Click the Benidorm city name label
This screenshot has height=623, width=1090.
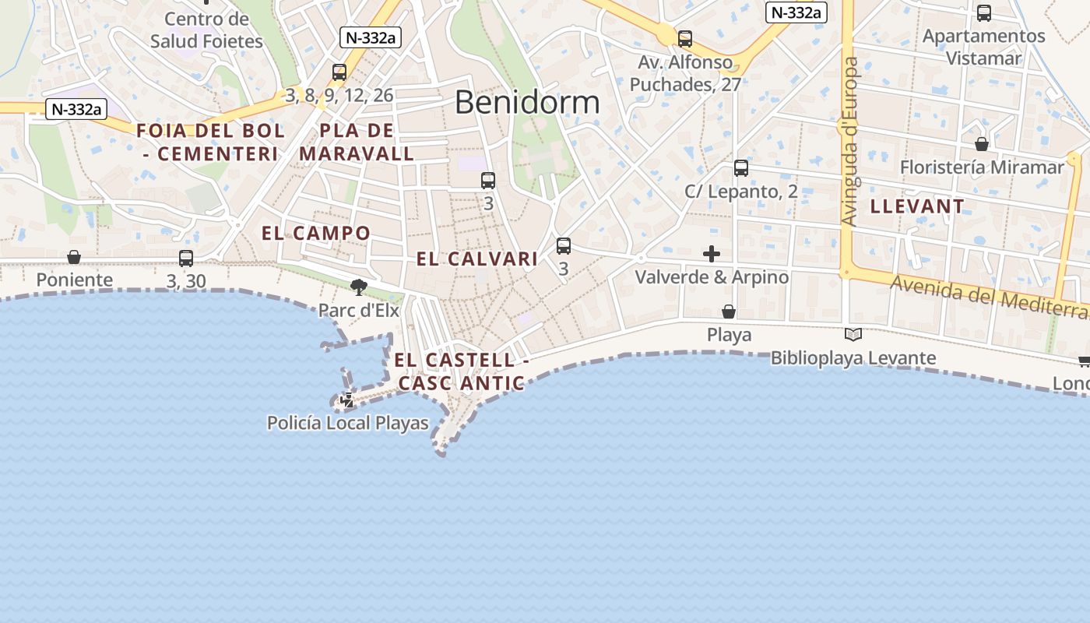527,102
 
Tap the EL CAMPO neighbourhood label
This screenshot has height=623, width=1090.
316,233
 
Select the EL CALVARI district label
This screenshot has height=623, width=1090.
477,259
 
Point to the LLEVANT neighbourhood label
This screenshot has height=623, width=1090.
917,206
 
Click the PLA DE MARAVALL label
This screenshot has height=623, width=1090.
357,142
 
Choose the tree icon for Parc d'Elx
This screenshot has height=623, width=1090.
359,287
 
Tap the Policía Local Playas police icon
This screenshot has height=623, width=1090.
347,400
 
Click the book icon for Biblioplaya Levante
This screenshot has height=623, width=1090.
853,335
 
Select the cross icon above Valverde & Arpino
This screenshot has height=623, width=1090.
712,254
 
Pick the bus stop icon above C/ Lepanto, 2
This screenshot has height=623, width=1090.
741,168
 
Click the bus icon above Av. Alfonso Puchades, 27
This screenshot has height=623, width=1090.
685,38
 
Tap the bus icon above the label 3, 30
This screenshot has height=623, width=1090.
186,259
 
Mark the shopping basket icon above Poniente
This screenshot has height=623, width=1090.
74,257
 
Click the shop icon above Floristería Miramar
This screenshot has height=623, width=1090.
982,144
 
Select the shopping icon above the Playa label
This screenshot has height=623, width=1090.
729,311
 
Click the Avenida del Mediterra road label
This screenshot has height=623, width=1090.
989,296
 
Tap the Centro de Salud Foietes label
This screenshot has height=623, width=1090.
206,30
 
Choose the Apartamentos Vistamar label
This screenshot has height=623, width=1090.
983,47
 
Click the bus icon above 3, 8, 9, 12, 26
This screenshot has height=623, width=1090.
339,72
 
